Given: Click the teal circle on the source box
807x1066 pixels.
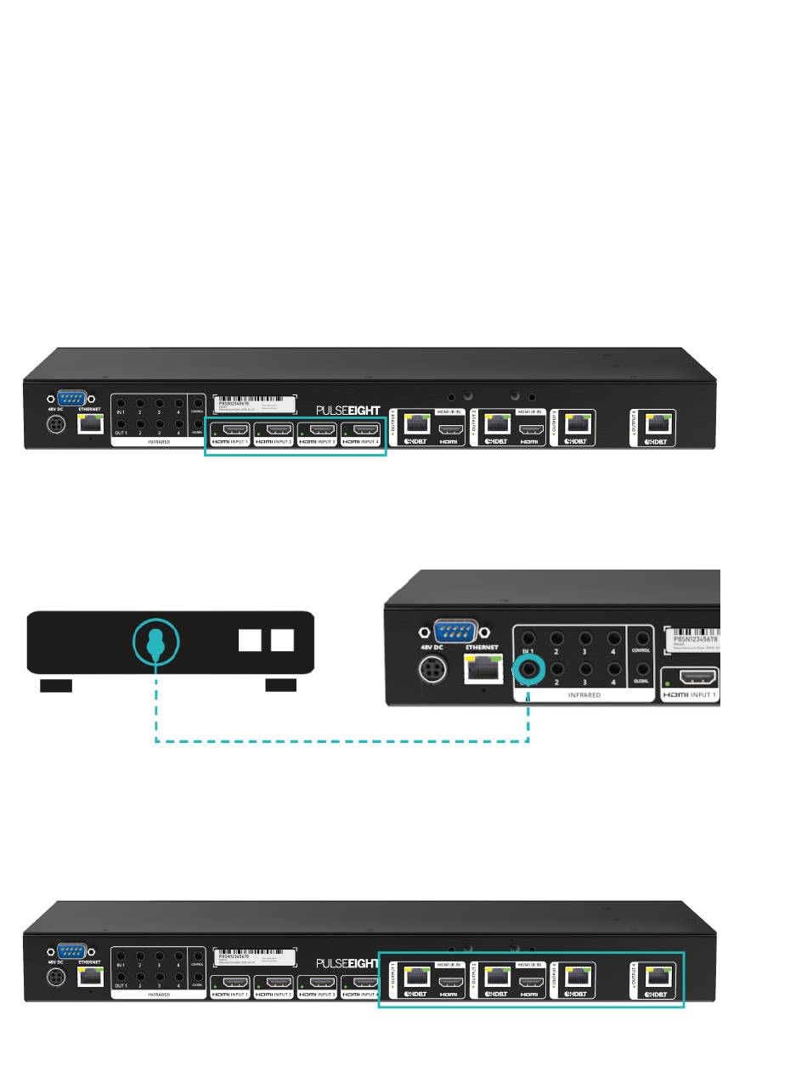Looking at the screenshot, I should (x=155, y=641).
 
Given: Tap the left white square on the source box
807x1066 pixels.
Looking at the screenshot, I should (x=250, y=639).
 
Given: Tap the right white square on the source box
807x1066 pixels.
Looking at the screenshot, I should (x=282, y=639).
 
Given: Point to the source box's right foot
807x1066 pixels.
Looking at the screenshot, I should (x=281, y=686).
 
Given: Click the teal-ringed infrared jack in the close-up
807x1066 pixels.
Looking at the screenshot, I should (x=530, y=669).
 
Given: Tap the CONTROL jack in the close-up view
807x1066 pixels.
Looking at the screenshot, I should (x=643, y=639).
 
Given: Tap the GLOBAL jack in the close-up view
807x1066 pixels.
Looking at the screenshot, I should (x=643, y=670).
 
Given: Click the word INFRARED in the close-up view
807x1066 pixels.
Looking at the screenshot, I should (x=584, y=695).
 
